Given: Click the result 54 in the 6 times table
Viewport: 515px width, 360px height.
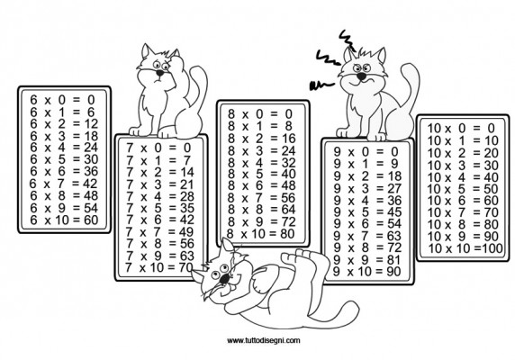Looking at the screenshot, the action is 91,208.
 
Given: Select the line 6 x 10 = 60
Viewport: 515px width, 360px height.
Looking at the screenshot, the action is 65,220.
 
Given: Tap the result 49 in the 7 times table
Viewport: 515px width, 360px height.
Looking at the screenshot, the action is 186,231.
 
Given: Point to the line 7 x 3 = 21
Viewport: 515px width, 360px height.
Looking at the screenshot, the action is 160,184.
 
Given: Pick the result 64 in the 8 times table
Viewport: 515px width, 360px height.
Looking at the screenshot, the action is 288,210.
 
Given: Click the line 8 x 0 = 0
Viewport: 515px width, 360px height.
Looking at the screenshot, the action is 260,114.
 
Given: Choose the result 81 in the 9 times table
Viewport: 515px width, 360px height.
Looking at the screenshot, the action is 394,259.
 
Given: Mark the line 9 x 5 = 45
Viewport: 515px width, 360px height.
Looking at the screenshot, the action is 367,212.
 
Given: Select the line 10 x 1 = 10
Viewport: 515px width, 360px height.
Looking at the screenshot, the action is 463,140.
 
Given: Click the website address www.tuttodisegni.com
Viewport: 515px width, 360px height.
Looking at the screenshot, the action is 264,340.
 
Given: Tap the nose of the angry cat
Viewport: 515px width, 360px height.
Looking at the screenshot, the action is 361,76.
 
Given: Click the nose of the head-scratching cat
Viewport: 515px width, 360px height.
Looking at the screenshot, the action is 159,73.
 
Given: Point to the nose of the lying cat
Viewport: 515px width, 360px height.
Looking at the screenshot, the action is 225,279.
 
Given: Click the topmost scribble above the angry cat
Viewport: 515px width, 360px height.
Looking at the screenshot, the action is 348,40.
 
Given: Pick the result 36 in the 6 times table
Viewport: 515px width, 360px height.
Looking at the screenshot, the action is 91,171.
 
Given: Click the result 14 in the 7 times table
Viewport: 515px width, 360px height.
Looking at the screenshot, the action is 186,172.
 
